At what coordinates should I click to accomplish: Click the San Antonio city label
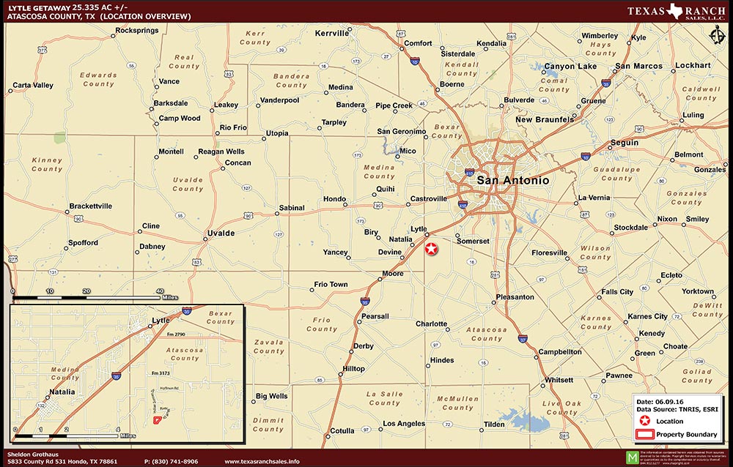click(512, 179)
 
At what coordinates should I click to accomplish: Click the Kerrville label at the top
click(332, 33)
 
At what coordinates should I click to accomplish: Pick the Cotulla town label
click(342, 431)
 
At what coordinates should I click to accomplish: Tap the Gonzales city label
click(710, 170)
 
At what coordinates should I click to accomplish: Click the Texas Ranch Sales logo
click(676, 12)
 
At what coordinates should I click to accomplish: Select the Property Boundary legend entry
click(686, 435)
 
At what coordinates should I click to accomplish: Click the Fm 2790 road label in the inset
click(177, 335)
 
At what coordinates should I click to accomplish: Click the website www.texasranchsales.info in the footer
click(262, 461)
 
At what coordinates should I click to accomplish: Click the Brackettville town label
click(91, 206)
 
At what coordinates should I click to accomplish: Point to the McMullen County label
click(457, 403)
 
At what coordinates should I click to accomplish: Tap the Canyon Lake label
click(570, 67)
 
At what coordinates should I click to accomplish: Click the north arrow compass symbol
click(717, 37)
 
